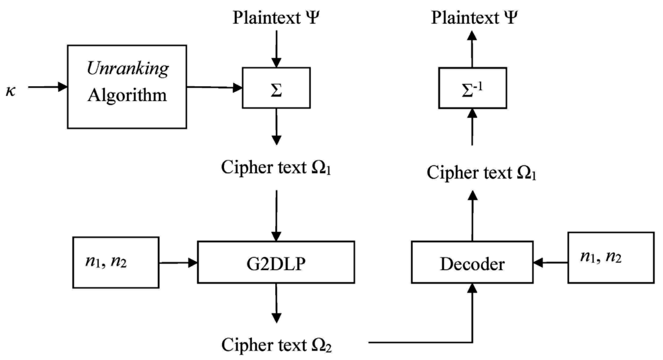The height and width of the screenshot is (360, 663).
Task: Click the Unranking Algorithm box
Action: click(118, 87)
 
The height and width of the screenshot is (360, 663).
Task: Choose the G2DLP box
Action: click(276, 263)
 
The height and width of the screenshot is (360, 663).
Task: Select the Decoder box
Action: click(472, 263)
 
